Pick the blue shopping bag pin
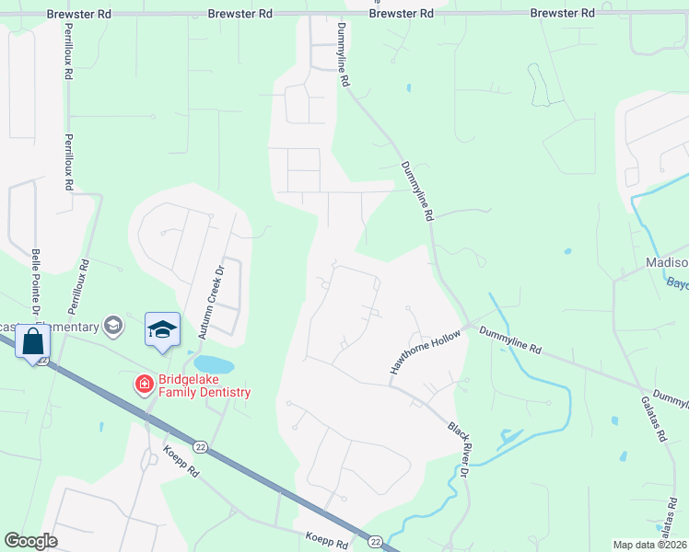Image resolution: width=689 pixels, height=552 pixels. [x=32, y=342]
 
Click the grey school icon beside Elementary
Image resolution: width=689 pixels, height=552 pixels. [x=113, y=325]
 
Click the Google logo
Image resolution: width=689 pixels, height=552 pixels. [x=30, y=541]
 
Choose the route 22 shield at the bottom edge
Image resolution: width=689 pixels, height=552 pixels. [x=375, y=541]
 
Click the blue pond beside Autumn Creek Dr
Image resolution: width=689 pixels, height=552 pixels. [x=214, y=364]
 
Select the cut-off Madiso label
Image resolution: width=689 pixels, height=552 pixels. [x=666, y=264]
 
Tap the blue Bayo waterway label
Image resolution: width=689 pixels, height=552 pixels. [x=677, y=284]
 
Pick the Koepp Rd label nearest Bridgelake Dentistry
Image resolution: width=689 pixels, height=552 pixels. [x=181, y=461]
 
